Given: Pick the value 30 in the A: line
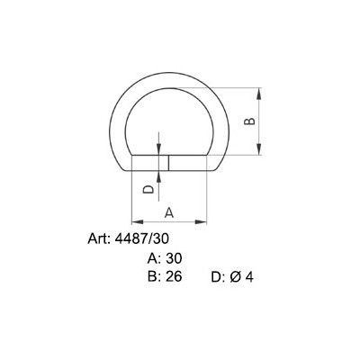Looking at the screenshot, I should [x=173, y=258].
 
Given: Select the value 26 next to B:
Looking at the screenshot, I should [x=173, y=276].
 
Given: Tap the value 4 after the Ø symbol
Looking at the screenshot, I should [x=249, y=277].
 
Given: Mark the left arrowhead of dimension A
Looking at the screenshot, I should [x=135, y=220].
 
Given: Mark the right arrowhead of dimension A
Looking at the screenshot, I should [x=216, y=220].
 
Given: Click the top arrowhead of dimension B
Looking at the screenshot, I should [x=261, y=92].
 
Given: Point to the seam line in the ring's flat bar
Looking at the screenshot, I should [x=168, y=163].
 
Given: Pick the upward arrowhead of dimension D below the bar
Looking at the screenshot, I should [x=159, y=175].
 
